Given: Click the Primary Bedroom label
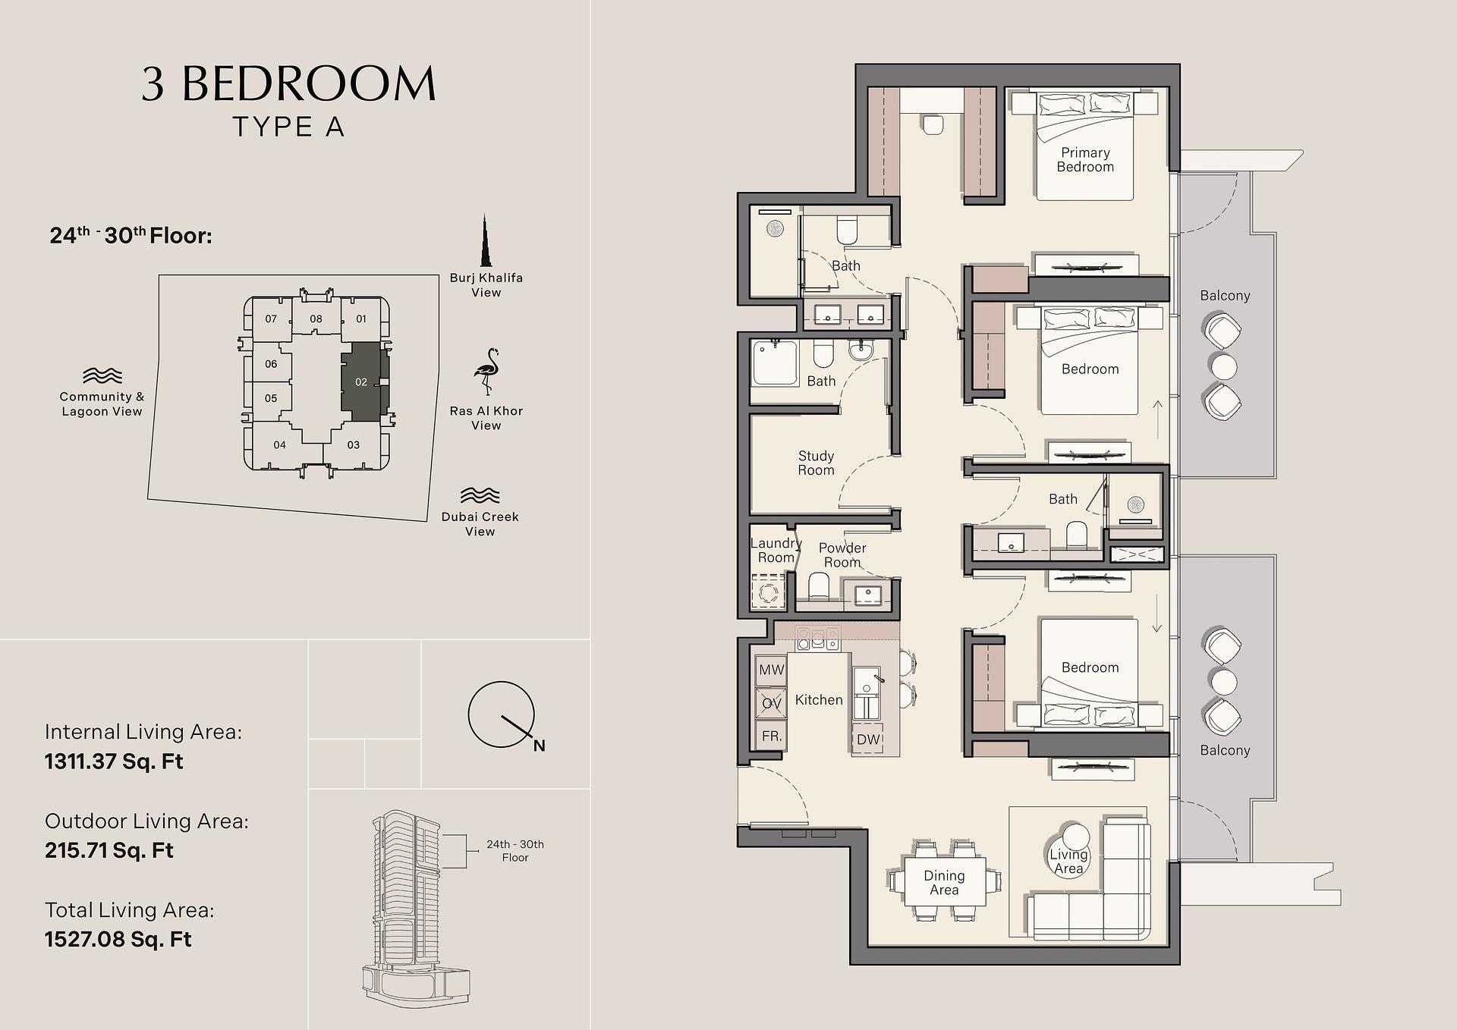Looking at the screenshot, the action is click(1085, 160).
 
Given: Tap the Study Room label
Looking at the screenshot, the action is click(816, 463).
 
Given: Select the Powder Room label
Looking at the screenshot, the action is click(842, 555).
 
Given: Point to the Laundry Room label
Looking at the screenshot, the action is click(776, 551).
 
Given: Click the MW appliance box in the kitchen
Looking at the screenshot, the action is click(771, 670).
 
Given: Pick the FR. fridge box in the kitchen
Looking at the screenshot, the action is click(771, 736).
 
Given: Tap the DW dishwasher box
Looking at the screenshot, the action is click(867, 740).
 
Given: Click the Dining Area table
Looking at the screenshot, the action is click(944, 881).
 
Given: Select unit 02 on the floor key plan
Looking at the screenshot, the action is click(362, 382).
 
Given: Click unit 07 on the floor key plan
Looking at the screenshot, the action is click(271, 319).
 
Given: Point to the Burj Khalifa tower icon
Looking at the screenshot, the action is click(485, 240).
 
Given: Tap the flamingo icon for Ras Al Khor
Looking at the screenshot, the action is click(486, 372).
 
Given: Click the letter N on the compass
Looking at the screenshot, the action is click(539, 746).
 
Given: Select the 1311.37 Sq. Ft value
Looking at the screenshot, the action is click(114, 762).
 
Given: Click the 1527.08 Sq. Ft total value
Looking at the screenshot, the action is click(118, 939).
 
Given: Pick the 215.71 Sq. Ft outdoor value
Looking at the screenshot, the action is click(109, 850).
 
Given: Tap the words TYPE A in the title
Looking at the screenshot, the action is click(289, 127).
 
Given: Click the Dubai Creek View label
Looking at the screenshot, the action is click(480, 524).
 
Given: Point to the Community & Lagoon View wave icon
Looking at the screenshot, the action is click(102, 375).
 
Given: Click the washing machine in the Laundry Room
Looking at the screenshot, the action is click(768, 592).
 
